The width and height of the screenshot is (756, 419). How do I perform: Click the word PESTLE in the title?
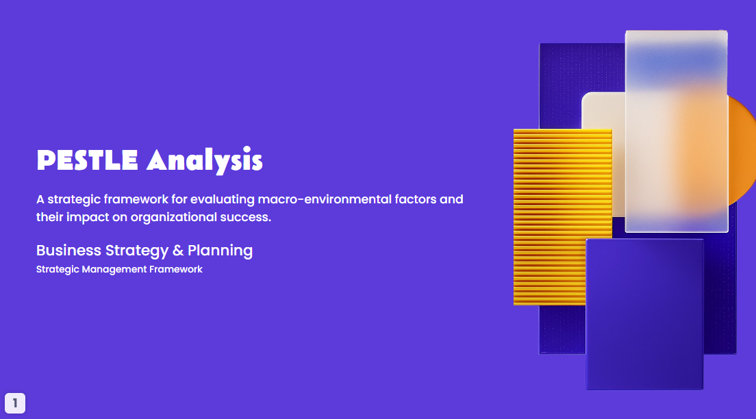88,160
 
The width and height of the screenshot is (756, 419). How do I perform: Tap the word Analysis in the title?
204,160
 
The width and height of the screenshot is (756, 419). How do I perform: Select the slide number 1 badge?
15,403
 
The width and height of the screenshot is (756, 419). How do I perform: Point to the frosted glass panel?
676,130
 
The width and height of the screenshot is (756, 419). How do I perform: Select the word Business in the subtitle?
68,251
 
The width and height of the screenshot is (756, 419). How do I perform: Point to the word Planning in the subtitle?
220,251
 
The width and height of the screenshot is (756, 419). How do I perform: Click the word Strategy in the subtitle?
137,251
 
